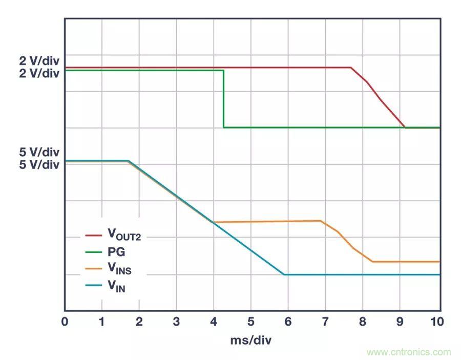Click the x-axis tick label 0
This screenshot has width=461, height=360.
click(65, 322)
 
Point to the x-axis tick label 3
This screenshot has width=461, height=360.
click(176, 322)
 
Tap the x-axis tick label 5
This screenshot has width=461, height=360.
click(250, 322)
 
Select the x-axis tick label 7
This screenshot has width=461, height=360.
click(325, 322)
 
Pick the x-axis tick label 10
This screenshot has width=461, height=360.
click(436, 322)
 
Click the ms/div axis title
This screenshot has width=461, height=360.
click(251, 340)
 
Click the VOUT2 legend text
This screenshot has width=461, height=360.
click(123, 235)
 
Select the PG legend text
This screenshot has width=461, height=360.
click(116, 252)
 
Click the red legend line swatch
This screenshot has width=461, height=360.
click(94, 236)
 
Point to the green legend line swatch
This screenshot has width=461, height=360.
click(94, 252)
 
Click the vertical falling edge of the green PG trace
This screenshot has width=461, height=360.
click(223, 99)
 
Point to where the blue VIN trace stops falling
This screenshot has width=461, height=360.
click(284, 274)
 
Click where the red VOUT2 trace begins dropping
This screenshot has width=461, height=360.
click(351, 68)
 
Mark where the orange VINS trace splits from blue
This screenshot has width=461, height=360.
click(213, 222)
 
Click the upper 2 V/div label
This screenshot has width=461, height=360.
click(39, 61)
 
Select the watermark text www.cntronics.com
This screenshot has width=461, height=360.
click(409, 352)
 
